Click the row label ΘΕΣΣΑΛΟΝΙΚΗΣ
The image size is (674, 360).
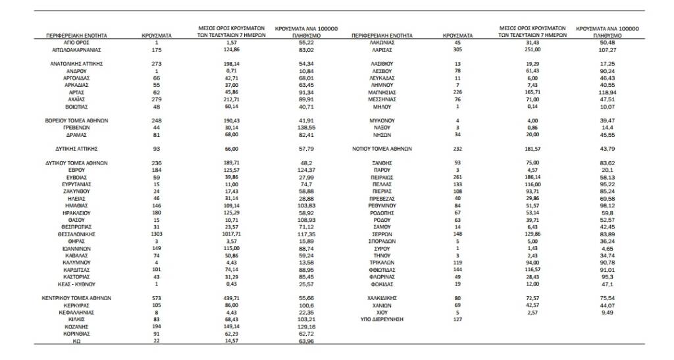[x=77, y=234]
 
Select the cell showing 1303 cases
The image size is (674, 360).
[x=157, y=234]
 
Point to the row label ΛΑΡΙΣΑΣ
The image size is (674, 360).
[x=382, y=49]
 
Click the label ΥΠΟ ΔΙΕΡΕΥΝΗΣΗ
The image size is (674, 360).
[x=382, y=319]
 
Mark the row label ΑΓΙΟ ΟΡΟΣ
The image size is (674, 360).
[x=77, y=41]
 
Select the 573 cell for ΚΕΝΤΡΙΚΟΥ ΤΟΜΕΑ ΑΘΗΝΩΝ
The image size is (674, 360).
[x=157, y=298]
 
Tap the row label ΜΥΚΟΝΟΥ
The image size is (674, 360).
[x=382, y=120]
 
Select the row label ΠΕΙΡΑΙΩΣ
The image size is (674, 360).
[x=382, y=177]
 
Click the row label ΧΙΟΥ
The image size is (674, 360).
[x=382, y=312]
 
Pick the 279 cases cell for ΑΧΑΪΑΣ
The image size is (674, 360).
[x=157, y=99]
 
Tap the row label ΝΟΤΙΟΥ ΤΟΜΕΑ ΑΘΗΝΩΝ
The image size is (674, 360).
[x=382, y=149]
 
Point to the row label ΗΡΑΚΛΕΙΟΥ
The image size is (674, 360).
[x=77, y=213]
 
